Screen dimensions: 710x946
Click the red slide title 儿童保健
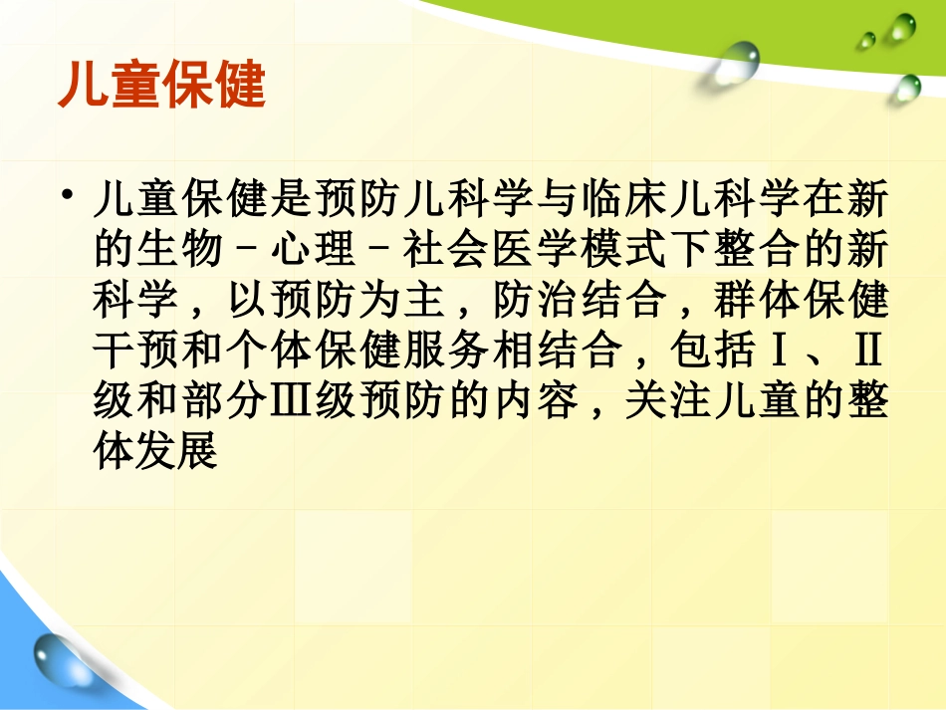(162, 86)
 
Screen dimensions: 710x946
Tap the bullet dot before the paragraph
(67, 192)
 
